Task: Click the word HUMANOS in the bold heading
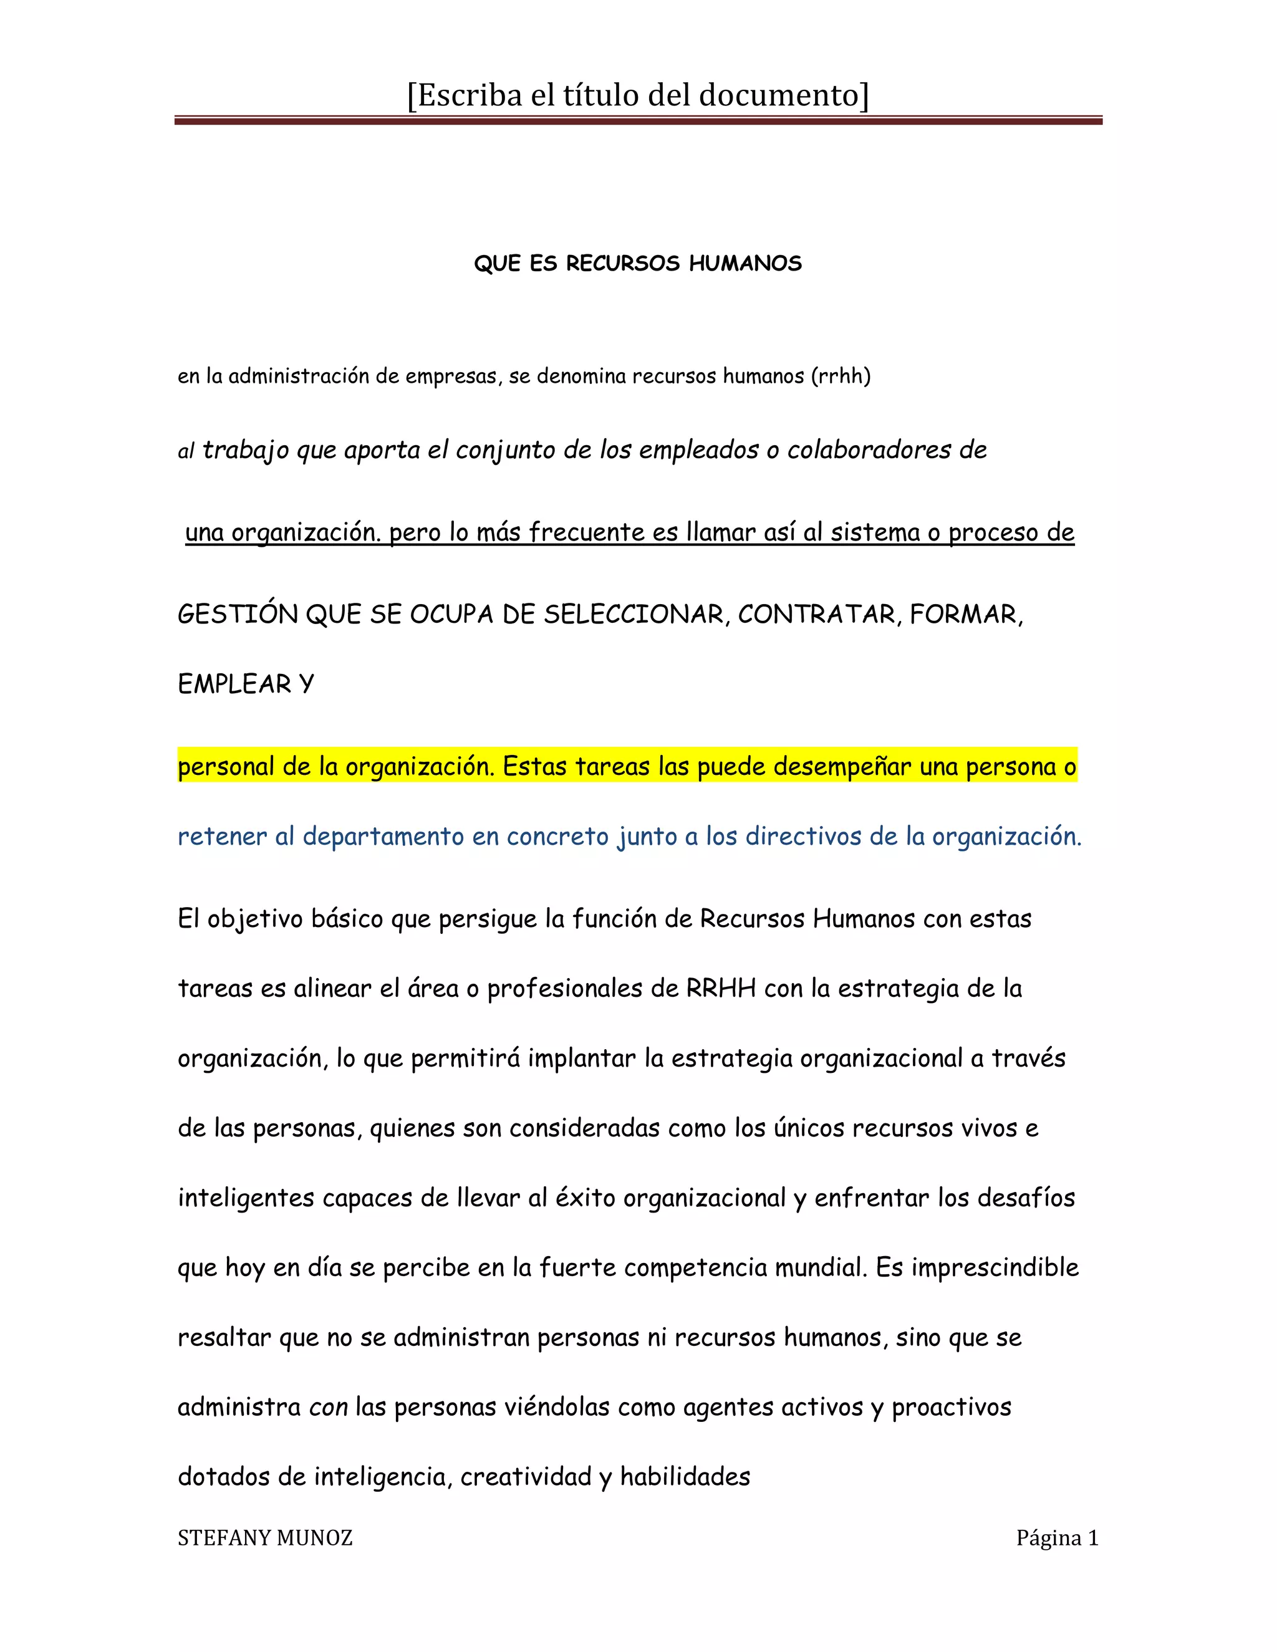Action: (x=745, y=263)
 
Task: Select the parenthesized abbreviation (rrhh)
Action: (x=841, y=376)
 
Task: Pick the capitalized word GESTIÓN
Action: (x=238, y=614)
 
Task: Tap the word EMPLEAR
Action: (x=234, y=684)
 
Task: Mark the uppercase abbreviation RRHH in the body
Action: (x=721, y=989)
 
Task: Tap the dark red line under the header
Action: (x=638, y=120)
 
